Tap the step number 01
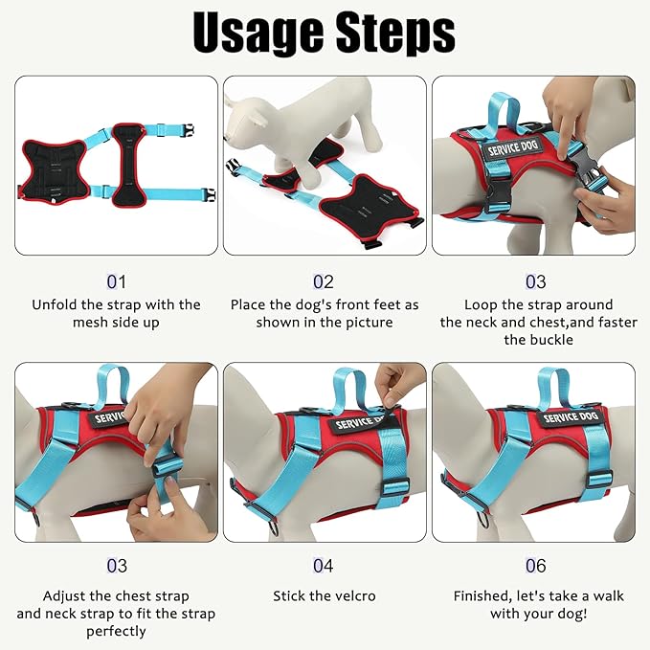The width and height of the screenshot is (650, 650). [x=116, y=282]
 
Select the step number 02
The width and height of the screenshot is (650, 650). [x=324, y=282]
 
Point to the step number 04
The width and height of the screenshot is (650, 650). [x=324, y=567]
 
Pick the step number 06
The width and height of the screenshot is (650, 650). [x=536, y=567]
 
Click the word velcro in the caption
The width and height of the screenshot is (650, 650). [x=351, y=595]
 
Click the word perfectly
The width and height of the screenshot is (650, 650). [x=116, y=631]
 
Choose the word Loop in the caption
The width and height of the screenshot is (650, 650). [x=482, y=304]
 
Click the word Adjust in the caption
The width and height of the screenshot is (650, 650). [x=66, y=595]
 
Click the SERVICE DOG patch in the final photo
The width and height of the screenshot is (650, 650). [x=572, y=418]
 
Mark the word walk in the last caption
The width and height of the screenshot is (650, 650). [x=606, y=595]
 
